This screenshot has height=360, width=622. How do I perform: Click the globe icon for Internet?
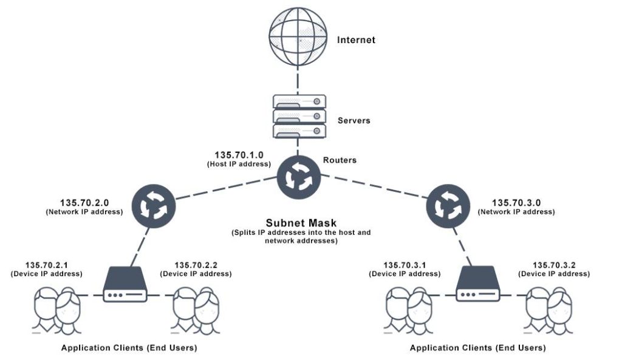pyautogui.click(x=297, y=39)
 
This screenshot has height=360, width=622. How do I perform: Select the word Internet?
pyautogui.click(x=356, y=40)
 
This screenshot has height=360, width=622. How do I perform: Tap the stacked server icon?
pyautogui.click(x=298, y=116)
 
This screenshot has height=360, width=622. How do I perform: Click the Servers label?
pyautogui.click(x=354, y=120)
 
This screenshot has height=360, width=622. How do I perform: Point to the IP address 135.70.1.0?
pyautogui.click(x=239, y=155)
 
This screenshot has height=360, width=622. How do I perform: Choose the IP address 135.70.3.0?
pyautogui.click(x=516, y=203)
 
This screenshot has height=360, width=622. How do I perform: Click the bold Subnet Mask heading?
pyautogui.click(x=301, y=223)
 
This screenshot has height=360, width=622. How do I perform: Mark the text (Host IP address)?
pyautogui.click(x=239, y=164)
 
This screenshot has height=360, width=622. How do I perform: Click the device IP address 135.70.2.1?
pyautogui.click(x=47, y=265)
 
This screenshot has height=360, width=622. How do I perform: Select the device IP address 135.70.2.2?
pyautogui.click(x=196, y=265)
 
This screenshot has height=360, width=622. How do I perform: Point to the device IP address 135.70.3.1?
pyautogui.click(x=405, y=265)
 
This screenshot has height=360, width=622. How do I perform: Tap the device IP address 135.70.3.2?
pyautogui.click(x=553, y=265)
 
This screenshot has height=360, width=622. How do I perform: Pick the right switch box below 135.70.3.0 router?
pyautogui.click(x=479, y=285)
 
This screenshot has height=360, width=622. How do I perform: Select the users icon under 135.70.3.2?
pyautogui.click(x=550, y=309)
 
